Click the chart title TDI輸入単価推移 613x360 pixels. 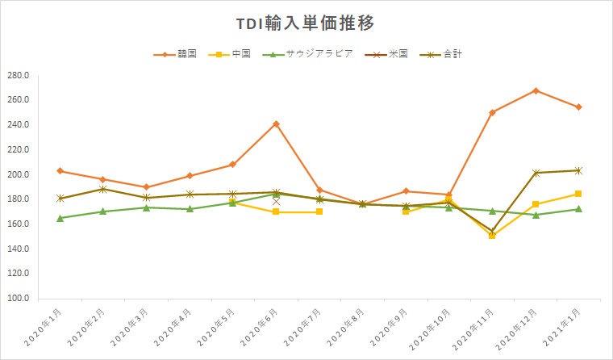point(306,23)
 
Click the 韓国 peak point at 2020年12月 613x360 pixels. point(536,90)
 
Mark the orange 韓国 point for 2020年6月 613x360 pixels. point(276,123)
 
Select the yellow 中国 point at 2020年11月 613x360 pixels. point(492,236)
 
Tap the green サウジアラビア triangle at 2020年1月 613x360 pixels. point(60,218)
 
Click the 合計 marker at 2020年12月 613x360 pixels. point(536,173)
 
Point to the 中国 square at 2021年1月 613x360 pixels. point(578,194)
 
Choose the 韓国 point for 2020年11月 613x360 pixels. point(492,112)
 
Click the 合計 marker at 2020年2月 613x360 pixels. point(103,189)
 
